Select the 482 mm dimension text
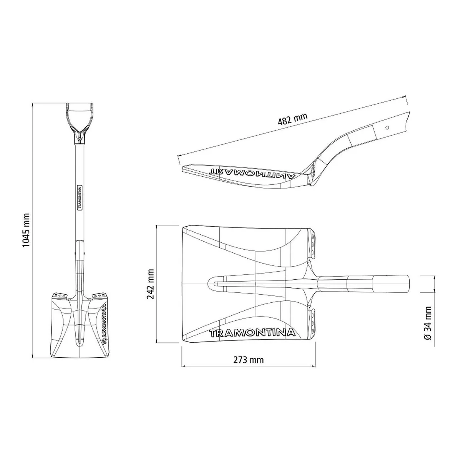coord(292,119)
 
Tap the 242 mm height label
coord(151,284)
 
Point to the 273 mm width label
coord(248,366)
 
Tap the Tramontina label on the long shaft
coord(80,197)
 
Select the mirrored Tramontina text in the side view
coord(253,173)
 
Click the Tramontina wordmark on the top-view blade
coord(252,333)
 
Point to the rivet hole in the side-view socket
coord(387,128)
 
